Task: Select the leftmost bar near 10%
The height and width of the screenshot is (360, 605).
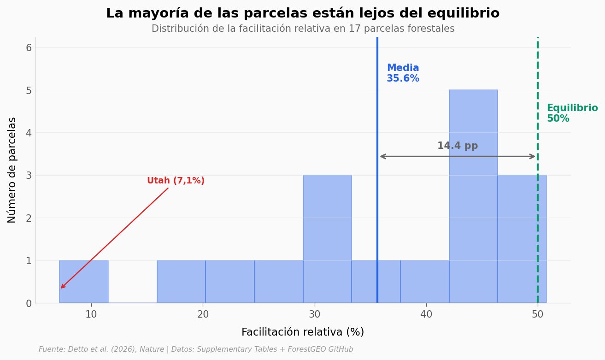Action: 84,282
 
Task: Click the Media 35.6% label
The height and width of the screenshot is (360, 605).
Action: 403,74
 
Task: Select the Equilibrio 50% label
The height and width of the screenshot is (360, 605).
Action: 572,113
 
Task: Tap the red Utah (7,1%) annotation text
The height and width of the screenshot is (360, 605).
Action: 176,181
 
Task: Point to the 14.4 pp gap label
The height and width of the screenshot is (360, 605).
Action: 458,146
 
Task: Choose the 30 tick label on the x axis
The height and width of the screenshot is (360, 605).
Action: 315,315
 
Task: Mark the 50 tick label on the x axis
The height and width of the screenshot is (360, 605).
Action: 538,315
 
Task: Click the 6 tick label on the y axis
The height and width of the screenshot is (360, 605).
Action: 29,48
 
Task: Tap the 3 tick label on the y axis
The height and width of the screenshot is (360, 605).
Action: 29,176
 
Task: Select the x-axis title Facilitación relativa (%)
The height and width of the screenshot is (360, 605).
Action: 303,332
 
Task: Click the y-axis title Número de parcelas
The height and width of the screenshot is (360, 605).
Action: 12,170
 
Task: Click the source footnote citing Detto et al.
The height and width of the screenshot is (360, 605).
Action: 196,349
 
